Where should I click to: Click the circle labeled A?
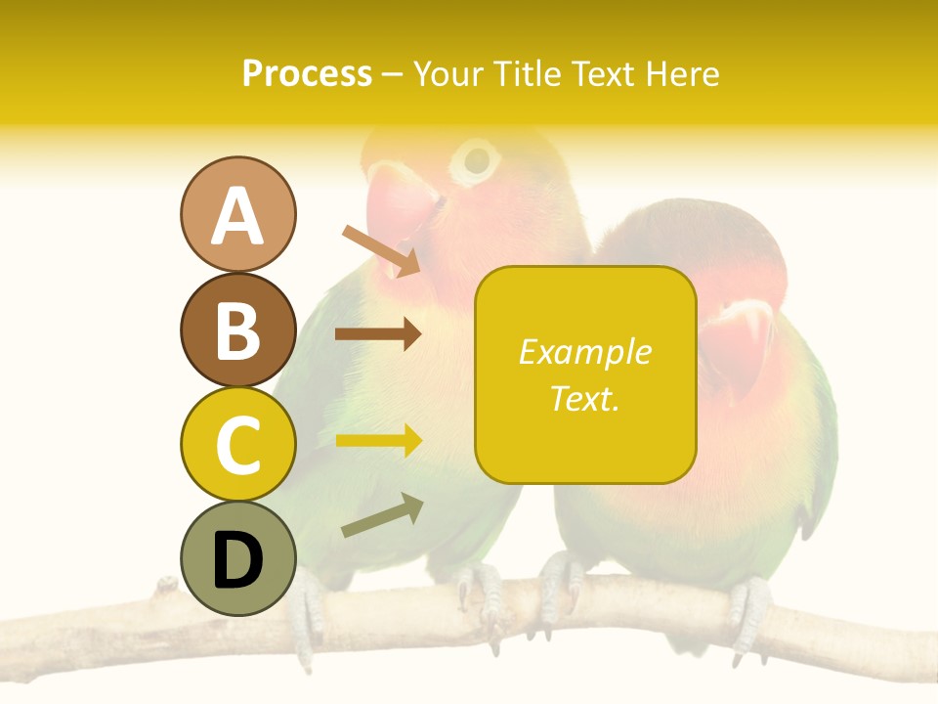[237, 214]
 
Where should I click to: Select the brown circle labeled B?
[237, 330]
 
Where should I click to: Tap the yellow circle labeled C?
[237, 444]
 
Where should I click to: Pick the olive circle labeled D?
[237, 558]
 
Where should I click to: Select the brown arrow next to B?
[378, 334]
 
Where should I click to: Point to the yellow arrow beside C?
[378, 440]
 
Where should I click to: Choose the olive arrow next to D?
[382, 515]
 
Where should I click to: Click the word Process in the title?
[307, 73]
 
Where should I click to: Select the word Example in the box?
[584, 352]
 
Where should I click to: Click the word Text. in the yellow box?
[584, 397]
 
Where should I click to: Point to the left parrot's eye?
[477, 159]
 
